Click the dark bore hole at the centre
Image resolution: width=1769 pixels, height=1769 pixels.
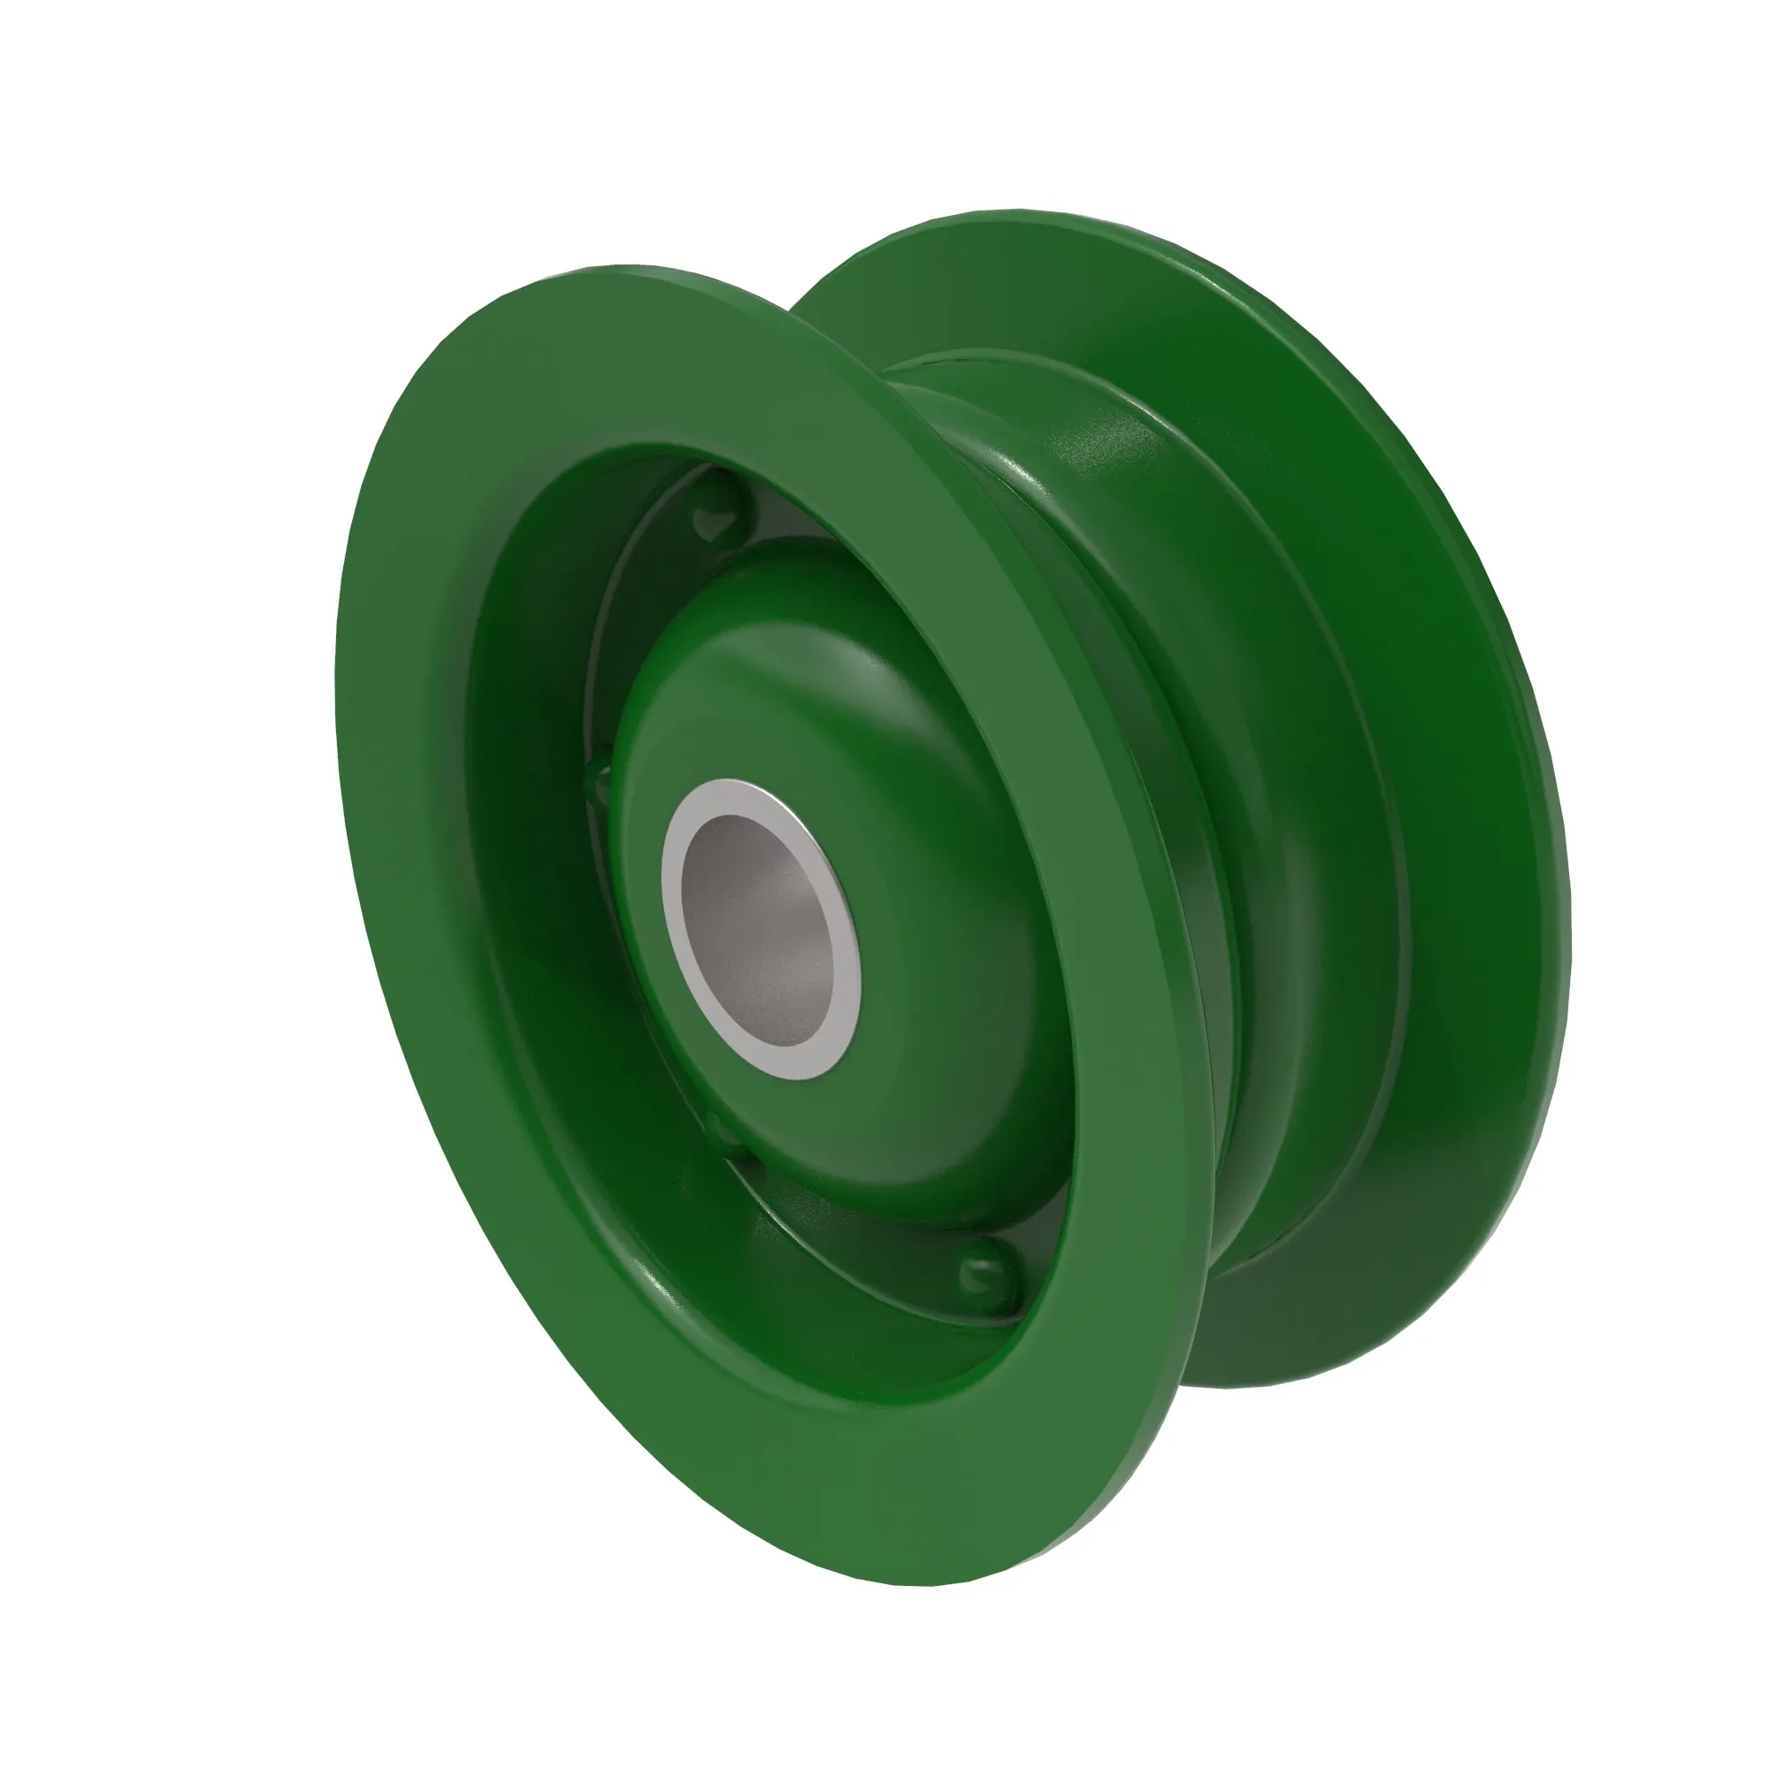point(764,925)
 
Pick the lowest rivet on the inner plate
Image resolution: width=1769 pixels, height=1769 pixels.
point(984,1272)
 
